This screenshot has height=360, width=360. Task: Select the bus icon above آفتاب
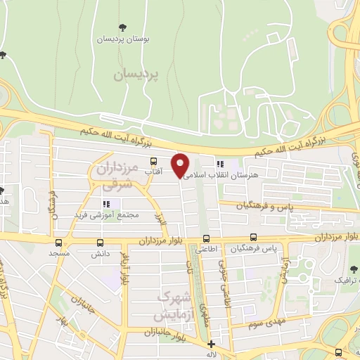tap(153, 161)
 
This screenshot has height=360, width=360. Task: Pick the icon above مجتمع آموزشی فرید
tap(107, 204)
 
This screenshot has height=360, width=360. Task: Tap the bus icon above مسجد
tap(58, 242)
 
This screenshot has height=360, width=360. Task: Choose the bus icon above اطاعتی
tap(207, 238)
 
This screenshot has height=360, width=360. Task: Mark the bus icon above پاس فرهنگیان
tap(254, 238)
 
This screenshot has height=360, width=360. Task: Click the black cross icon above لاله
tap(212, 344)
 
